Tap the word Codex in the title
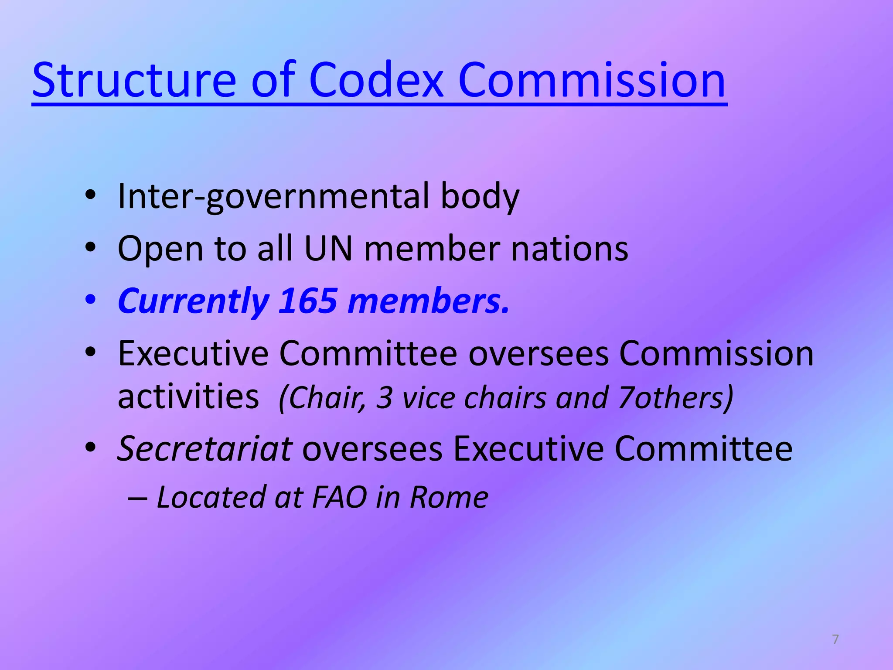[376, 81]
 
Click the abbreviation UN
[328, 249]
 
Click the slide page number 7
[835, 639]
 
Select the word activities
[188, 397]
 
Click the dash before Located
[137, 498]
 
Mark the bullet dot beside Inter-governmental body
[90, 195]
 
